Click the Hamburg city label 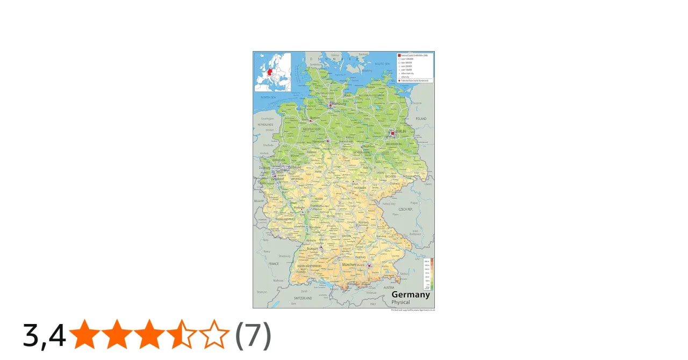point(339,103)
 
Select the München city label point(349,264)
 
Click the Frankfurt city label point(316,206)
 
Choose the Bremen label point(315,118)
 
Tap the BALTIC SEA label point(382,64)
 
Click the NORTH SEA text point(268,97)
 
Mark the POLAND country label point(421,119)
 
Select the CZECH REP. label point(405,209)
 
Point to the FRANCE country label point(274,264)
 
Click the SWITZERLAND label point(303,298)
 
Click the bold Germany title point(410,294)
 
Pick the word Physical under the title point(400,303)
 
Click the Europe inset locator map point(273,72)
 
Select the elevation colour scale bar point(432,274)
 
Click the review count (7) point(253,335)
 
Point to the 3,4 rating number point(44,335)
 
